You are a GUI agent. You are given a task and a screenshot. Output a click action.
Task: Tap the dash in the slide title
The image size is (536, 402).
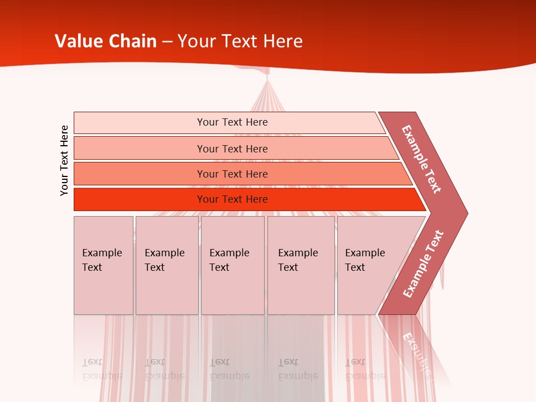pos(167,42)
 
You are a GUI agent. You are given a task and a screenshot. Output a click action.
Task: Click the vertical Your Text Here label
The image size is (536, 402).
pos(64,160)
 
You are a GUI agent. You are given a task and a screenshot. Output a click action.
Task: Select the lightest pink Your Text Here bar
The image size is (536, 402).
pos(232,122)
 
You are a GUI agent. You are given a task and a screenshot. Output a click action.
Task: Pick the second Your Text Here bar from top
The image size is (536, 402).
pos(232,149)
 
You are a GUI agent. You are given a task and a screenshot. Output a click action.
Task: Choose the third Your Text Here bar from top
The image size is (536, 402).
pos(232,174)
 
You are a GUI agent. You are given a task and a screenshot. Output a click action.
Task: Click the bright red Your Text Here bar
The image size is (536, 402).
pos(232,199)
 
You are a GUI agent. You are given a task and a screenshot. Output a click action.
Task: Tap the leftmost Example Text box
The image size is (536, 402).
pos(103,265)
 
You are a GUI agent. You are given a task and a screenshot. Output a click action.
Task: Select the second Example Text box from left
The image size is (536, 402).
pos(167,265)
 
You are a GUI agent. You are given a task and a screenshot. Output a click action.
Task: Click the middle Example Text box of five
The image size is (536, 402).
pos(232,265)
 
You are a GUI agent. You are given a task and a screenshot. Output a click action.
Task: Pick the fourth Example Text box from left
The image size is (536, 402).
pos(301,265)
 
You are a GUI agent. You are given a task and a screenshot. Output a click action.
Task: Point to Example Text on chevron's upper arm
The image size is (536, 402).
pos(422,159)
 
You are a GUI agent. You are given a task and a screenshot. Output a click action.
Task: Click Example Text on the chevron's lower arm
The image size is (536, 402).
pos(423,264)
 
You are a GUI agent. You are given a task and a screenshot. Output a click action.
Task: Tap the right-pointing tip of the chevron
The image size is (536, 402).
pos(465,213)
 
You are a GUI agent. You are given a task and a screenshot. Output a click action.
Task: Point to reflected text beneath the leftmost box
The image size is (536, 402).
pos(102,370)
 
